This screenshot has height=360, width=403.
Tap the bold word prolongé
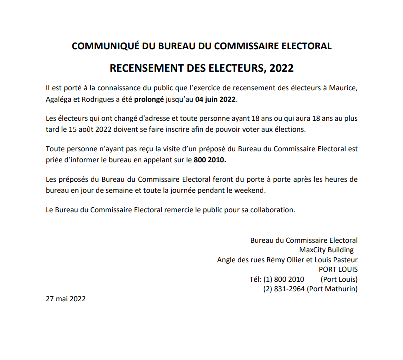tap(149, 99)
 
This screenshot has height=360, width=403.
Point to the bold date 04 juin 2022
tap(215, 99)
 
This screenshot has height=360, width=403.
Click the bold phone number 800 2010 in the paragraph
tap(209, 160)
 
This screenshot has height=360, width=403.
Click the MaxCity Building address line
tap(326, 250)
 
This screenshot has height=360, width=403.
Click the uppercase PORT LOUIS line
tap(341, 269)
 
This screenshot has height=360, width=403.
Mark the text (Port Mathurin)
tap(332, 289)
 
